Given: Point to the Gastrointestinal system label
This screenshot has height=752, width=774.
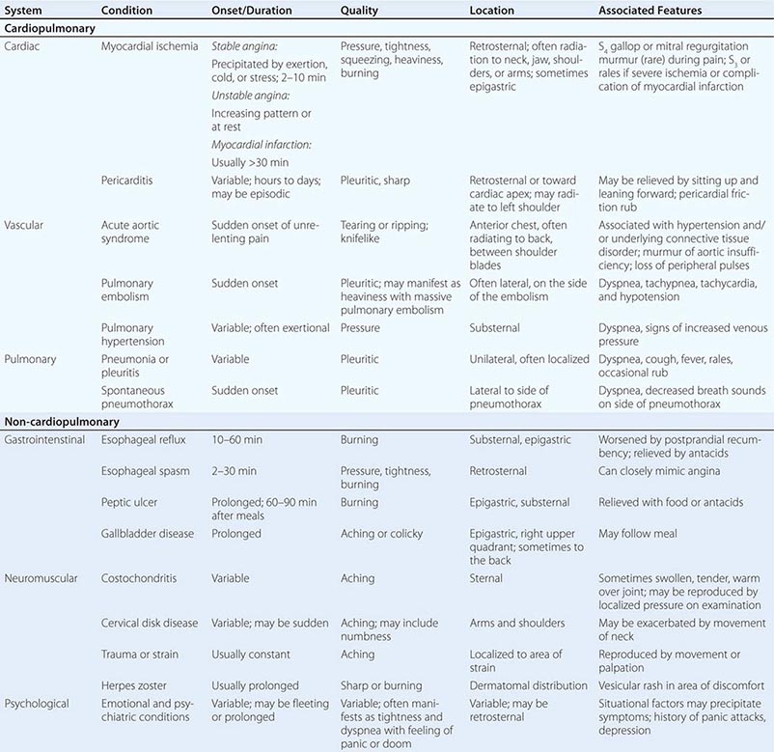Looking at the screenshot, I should coord(47,440).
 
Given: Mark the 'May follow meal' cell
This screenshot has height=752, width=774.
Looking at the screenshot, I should coord(638,534).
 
